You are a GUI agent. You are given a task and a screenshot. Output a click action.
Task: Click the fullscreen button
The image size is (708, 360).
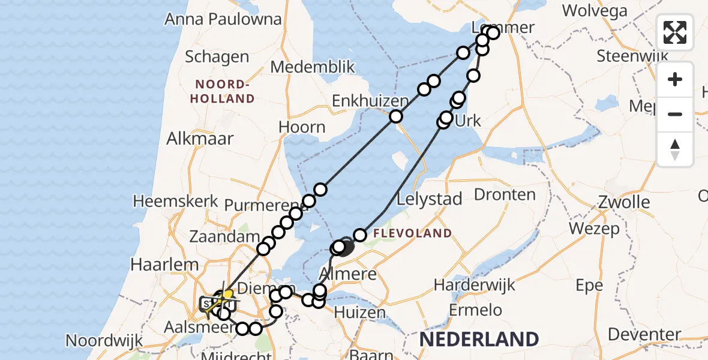(x=675, y=32)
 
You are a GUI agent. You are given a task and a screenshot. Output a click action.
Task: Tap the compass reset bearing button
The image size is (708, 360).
(x=675, y=149)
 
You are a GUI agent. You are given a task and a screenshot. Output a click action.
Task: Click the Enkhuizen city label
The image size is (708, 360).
(x=363, y=101)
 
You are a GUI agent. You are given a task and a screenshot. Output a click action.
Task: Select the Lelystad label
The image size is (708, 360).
(x=430, y=199)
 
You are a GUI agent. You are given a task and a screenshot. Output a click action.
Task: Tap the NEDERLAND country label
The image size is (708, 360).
(x=479, y=339)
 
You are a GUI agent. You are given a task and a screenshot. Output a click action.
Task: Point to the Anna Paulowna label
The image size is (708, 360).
(x=223, y=19)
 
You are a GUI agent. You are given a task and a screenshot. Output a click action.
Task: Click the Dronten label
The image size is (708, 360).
(x=505, y=194)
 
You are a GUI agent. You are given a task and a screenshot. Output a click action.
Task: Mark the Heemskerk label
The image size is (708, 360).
(x=176, y=201)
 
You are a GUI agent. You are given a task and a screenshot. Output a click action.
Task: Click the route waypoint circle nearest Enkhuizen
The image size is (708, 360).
(x=396, y=116)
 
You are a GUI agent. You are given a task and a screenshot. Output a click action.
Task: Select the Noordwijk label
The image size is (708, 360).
(x=104, y=340)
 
